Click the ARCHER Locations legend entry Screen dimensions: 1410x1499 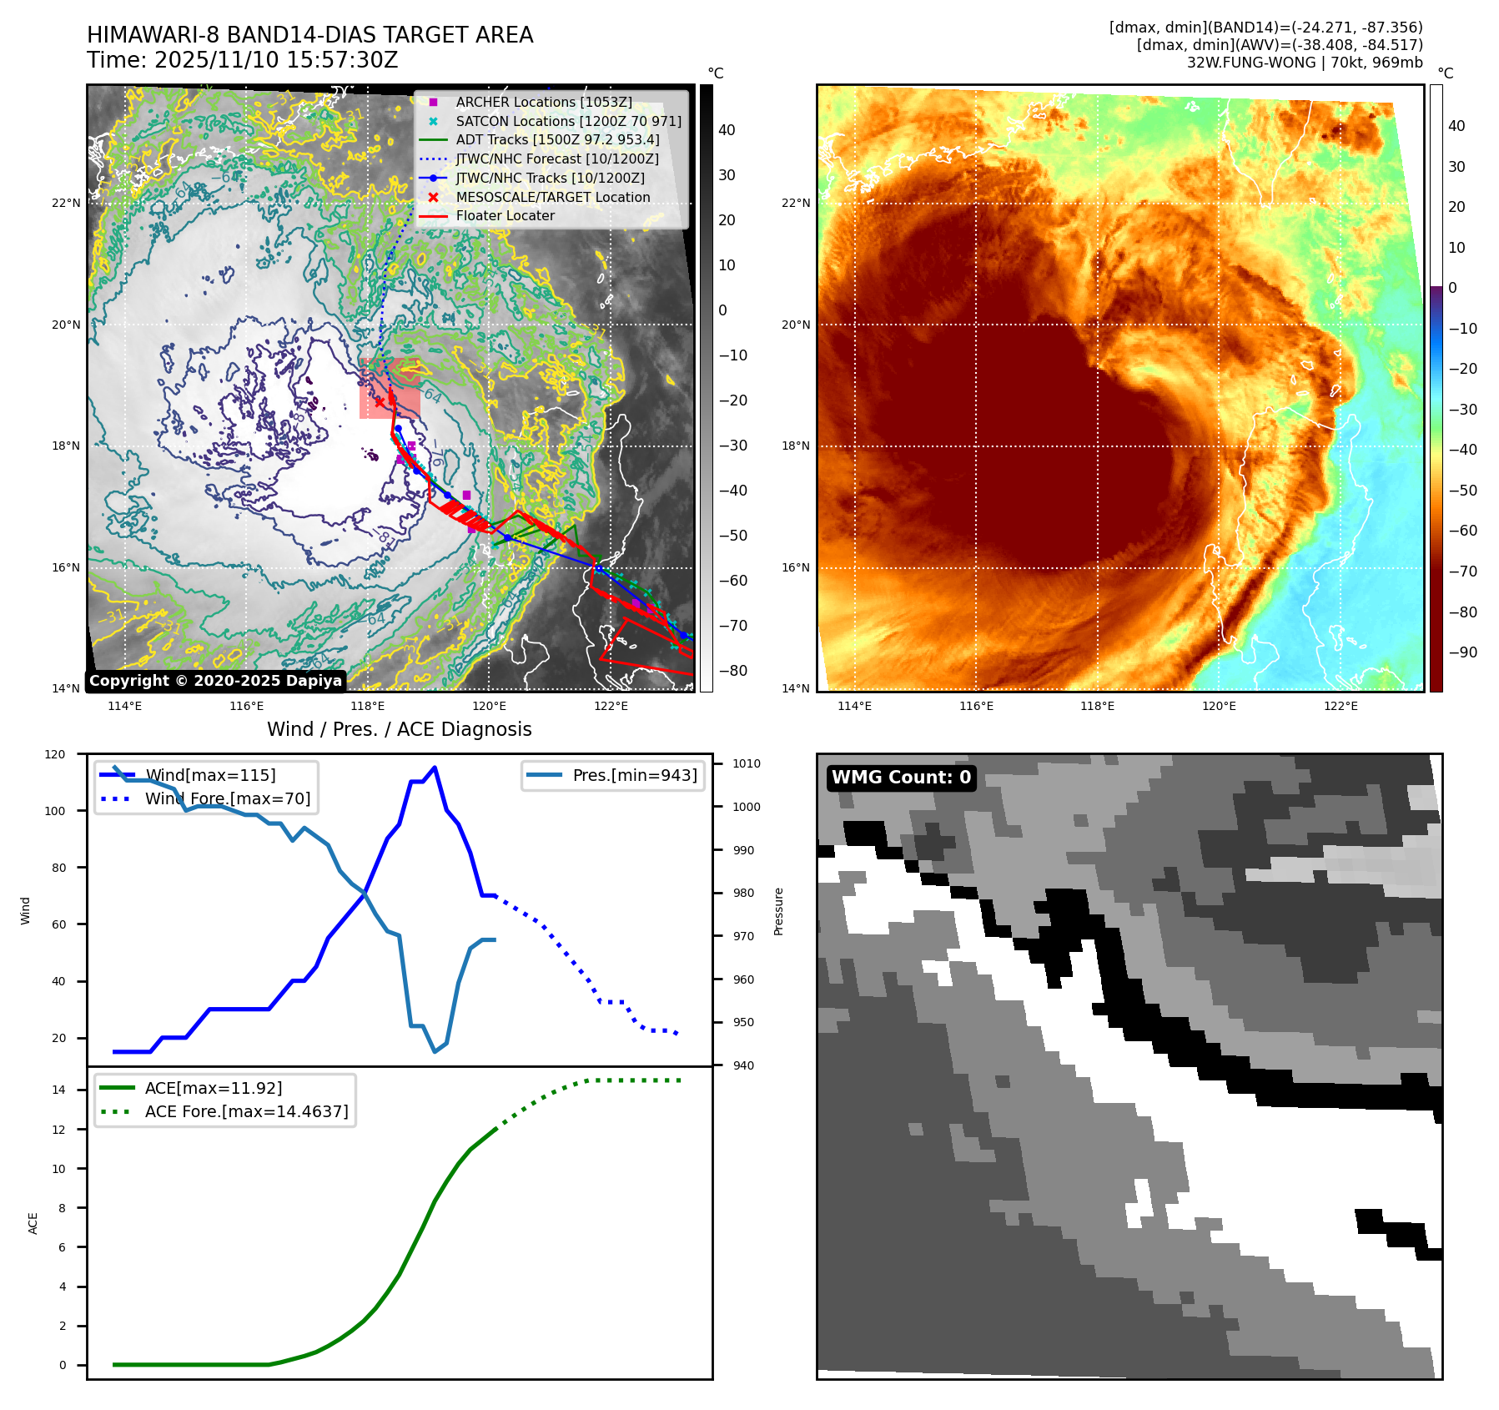[x=543, y=102]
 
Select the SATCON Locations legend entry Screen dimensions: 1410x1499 [x=568, y=121]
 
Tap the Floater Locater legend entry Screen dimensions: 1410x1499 [x=505, y=215]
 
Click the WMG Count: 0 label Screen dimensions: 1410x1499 [x=901, y=778]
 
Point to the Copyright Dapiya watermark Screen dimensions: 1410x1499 [x=215, y=681]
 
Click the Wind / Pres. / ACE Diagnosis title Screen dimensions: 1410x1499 [x=399, y=729]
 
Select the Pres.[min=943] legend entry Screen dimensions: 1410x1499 [x=634, y=775]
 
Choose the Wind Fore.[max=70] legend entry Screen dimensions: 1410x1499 [x=227, y=798]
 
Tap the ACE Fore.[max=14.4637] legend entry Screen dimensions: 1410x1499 [x=246, y=1111]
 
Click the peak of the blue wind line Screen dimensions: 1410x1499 [x=435, y=768]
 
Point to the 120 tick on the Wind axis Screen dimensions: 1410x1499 [x=55, y=754]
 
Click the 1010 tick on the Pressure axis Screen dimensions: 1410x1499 [x=747, y=763]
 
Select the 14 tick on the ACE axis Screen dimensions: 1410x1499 [x=59, y=1090]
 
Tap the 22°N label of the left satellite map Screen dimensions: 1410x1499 [x=66, y=203]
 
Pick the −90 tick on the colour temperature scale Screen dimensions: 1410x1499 [x=1462, y=652]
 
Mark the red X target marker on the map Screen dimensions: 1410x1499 [x=380, y=402]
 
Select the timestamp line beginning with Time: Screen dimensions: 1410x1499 [x=242, y=60]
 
